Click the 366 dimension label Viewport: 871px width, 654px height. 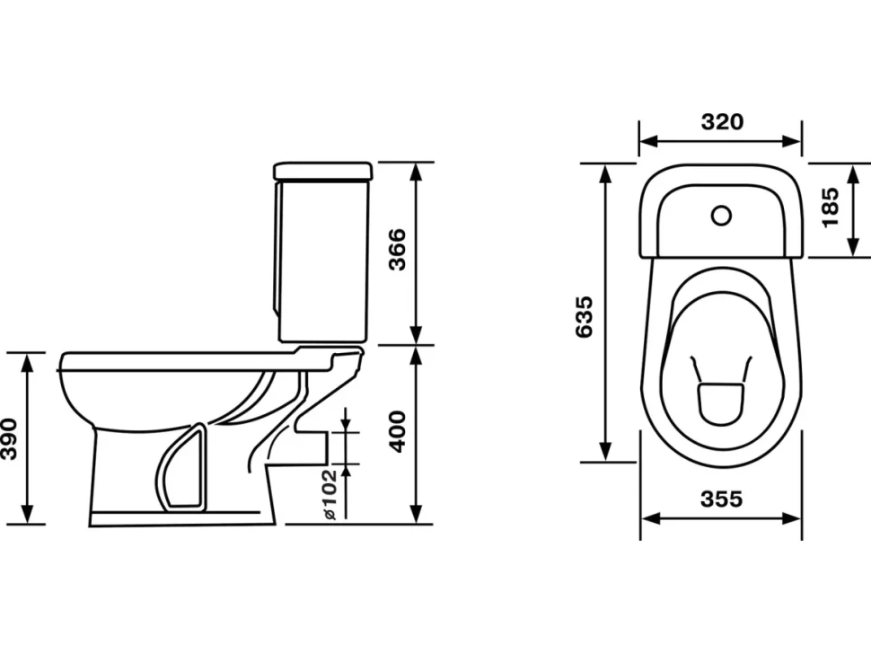tap(397, 249)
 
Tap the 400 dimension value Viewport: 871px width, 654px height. tap(397, 432)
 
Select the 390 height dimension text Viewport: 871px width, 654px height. tap(9, 439)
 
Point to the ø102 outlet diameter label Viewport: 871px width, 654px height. tap(330, 494)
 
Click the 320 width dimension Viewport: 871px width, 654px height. tap(722, 121)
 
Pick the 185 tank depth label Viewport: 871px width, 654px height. tap(830, 208)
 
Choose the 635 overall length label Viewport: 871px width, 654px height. tap(584, 317)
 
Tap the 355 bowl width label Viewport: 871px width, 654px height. tap(722, 499)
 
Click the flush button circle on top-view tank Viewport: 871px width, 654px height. tap(722, 216)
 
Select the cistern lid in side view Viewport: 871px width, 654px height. tap(322, 172)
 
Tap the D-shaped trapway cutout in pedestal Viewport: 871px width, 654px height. tap(181, 467)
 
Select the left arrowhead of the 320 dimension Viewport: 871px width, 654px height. tap(649, 141)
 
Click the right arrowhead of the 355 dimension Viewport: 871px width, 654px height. tap(791, 518)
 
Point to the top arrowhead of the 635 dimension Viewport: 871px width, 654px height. tap(606, 173)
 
